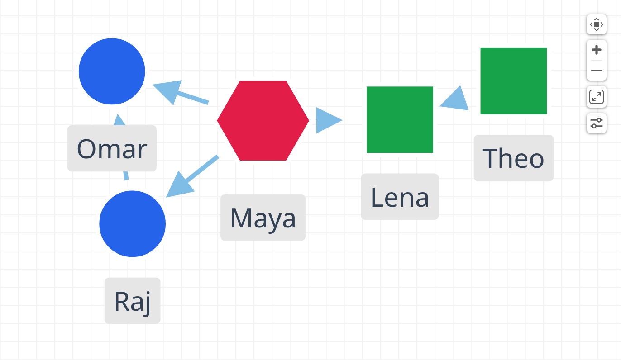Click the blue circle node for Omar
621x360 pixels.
pyautogui.click(x=112, y=71)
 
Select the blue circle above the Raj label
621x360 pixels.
pyautogui.click(x=133, y=224)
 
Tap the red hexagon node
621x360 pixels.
pyautogui.click(x=263, y=120)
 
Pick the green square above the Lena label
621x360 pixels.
pyautogui.click(x=400, y=120)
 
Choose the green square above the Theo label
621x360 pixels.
pyautogui.click(x=513, y=81)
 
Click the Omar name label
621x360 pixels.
pyautogui.click(x=112, y=148)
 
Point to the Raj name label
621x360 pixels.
pyautogui.click(x=133, y=301)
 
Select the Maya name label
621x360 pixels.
pyautogui.click(x=263, y=218)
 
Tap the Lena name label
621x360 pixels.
pyautogui.click(x=400, y=197)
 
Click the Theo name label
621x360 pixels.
pyautogui.click(x=514, y=158)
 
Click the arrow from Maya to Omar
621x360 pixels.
pyautogui.click(x=181, y=93)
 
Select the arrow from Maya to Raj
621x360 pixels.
pyautogui.click(x=192, y=176)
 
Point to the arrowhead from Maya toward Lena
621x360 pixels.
pyautogui.click(x=329, y=120)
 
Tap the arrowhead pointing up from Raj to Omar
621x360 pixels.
pyautogui.click(x=119, y=119)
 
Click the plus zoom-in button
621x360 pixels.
pyautogui.click(x=596, y=50)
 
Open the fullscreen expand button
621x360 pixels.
pyautogui.click(x=596, y=97)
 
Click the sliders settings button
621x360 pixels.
pyautogui.click(x=596, y=123)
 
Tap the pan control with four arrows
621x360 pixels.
pyautogui.click(x=596, y=24)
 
